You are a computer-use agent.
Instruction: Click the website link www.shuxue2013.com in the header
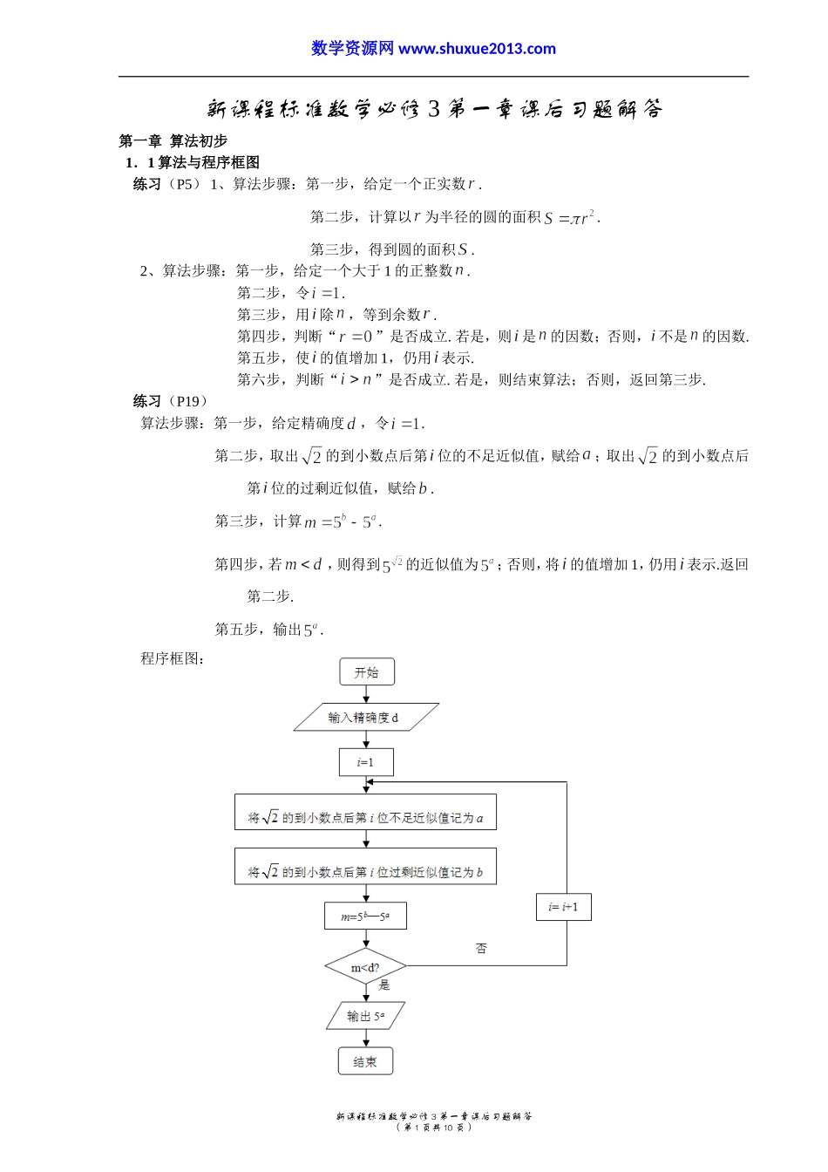[x=477, y=49]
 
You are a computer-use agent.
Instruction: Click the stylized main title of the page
[x=434, y=109]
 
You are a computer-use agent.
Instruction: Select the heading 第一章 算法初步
[x=173, y=140]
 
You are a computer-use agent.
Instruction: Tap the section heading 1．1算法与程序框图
[x=192, y=162]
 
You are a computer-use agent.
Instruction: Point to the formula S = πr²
[x=572, y=217]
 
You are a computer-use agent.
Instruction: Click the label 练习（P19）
[x=171, y=401]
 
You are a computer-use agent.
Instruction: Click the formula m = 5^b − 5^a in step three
[x=342, y=521]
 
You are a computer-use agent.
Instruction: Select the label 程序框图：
[x=173, y=658]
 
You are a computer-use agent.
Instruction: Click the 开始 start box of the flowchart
[x=366, y=672]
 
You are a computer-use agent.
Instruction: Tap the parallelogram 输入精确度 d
[x=365, y=718]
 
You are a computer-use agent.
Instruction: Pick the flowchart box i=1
[x=365, y=762]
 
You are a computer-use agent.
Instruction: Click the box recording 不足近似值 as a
[x=365, y=813]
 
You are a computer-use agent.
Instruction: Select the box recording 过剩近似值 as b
[x=365, y=867]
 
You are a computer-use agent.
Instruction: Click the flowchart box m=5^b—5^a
[x=365, y=916]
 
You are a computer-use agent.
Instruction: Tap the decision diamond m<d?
[x=365, y=967]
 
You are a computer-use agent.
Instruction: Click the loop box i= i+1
[x=564, y=907]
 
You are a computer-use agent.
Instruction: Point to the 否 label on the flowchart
[x=481, y=948]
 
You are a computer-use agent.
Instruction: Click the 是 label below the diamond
[x=384, y=985]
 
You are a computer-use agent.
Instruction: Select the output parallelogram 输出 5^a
[x=365, y=1016]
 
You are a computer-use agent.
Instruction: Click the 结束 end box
[x=365, y=1062]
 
